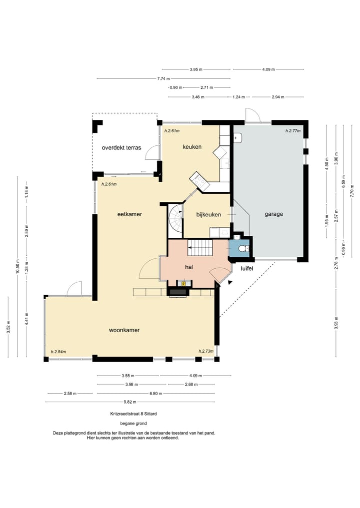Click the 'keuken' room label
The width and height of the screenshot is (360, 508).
point(192,147)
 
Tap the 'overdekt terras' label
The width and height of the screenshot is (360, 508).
point(121,148)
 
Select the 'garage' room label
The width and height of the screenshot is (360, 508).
point(273,214)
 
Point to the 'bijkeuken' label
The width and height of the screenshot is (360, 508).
point(208,214)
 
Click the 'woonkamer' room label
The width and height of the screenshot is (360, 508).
point(124,330)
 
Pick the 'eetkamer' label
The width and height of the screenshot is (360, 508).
point(129,214)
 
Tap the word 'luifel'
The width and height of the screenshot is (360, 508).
point(247,268)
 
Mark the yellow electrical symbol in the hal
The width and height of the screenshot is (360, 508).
point(184,284)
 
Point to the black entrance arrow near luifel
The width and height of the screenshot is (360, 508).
point(230,283)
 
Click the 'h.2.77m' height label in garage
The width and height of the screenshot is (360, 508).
point(293,131)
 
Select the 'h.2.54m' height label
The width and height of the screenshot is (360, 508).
point(58,352)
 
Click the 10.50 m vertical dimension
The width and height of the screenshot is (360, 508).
point(18,267)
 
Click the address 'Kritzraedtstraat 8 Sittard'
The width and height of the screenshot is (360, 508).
point(133,414)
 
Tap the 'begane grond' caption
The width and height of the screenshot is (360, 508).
point(133,424)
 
